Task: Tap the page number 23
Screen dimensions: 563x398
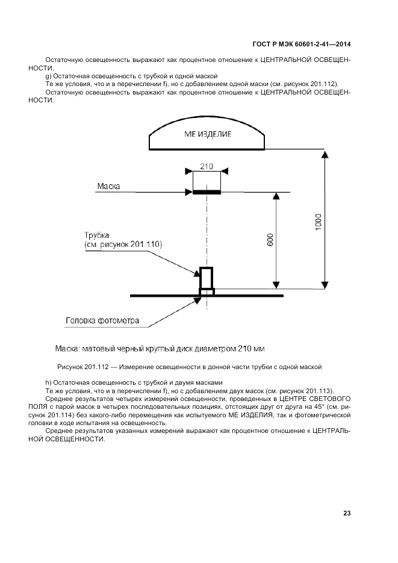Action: point(346,513)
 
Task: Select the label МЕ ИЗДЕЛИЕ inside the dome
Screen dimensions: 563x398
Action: point(208,134)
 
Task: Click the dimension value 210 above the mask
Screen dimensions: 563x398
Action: point(207,166)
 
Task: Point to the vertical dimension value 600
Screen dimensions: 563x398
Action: point(270,239)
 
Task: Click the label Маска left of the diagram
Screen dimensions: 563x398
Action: point(108,187)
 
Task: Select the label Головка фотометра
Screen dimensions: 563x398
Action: point(102,320)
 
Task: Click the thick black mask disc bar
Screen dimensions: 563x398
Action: point(207,192)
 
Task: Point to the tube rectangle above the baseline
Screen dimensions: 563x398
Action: point(207,278)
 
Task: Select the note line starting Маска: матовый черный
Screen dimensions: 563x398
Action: point(160,348)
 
